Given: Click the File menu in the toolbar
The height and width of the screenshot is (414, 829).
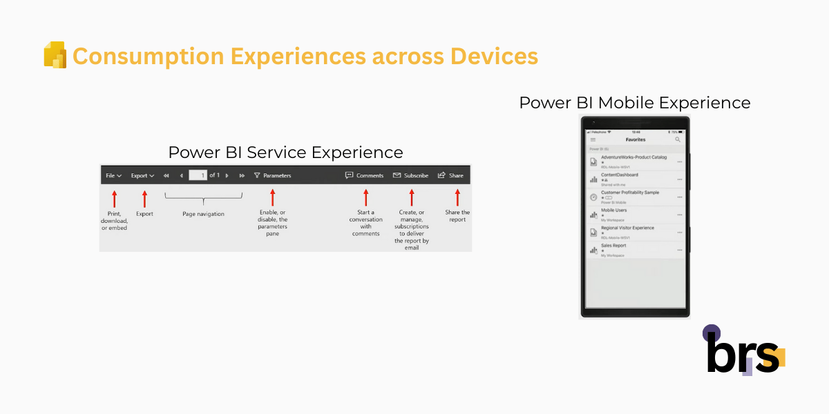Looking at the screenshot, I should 113,175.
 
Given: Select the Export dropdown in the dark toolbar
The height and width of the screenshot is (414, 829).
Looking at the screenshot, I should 142,175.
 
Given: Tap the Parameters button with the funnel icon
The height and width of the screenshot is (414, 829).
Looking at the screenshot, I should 272,175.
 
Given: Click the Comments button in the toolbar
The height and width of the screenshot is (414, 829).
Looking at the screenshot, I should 364,175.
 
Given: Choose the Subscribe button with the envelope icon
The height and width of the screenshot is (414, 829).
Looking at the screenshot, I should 410,175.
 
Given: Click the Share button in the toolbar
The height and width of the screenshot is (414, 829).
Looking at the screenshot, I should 450,175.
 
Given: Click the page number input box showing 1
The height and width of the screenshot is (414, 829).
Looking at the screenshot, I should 198,175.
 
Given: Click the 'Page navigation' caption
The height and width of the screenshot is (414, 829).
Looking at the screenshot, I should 203,214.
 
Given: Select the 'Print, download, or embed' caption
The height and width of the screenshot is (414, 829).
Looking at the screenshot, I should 114,221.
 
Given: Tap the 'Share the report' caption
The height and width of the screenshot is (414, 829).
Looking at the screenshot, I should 457,216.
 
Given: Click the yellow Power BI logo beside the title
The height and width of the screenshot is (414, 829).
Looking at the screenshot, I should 55,55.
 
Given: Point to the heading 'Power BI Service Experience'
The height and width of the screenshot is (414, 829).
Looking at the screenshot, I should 285,152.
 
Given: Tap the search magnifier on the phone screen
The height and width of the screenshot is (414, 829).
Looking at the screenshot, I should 678,139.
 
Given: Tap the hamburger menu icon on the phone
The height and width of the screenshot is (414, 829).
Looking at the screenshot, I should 593,139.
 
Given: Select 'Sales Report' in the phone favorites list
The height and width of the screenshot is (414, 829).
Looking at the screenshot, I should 614,245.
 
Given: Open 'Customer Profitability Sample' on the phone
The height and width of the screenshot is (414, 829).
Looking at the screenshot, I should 629,193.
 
